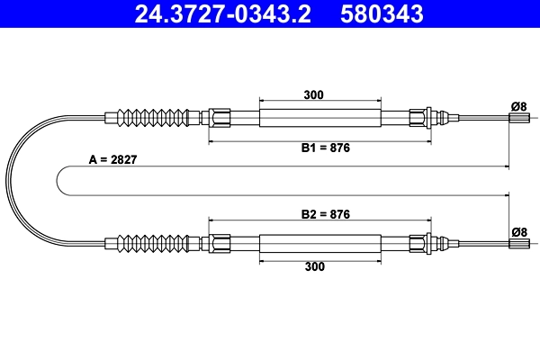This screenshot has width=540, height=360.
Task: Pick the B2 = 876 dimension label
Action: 325,214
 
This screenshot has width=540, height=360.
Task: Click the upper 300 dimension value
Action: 314,94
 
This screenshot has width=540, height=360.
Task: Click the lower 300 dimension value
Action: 314,265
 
